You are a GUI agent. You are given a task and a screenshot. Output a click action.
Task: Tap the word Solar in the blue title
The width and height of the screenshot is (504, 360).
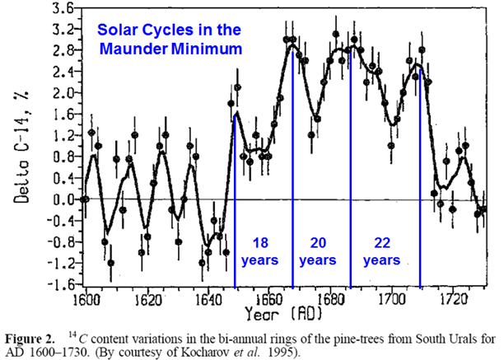(116, 30)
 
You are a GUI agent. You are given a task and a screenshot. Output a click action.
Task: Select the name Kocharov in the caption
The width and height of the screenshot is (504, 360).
(241, 352)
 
